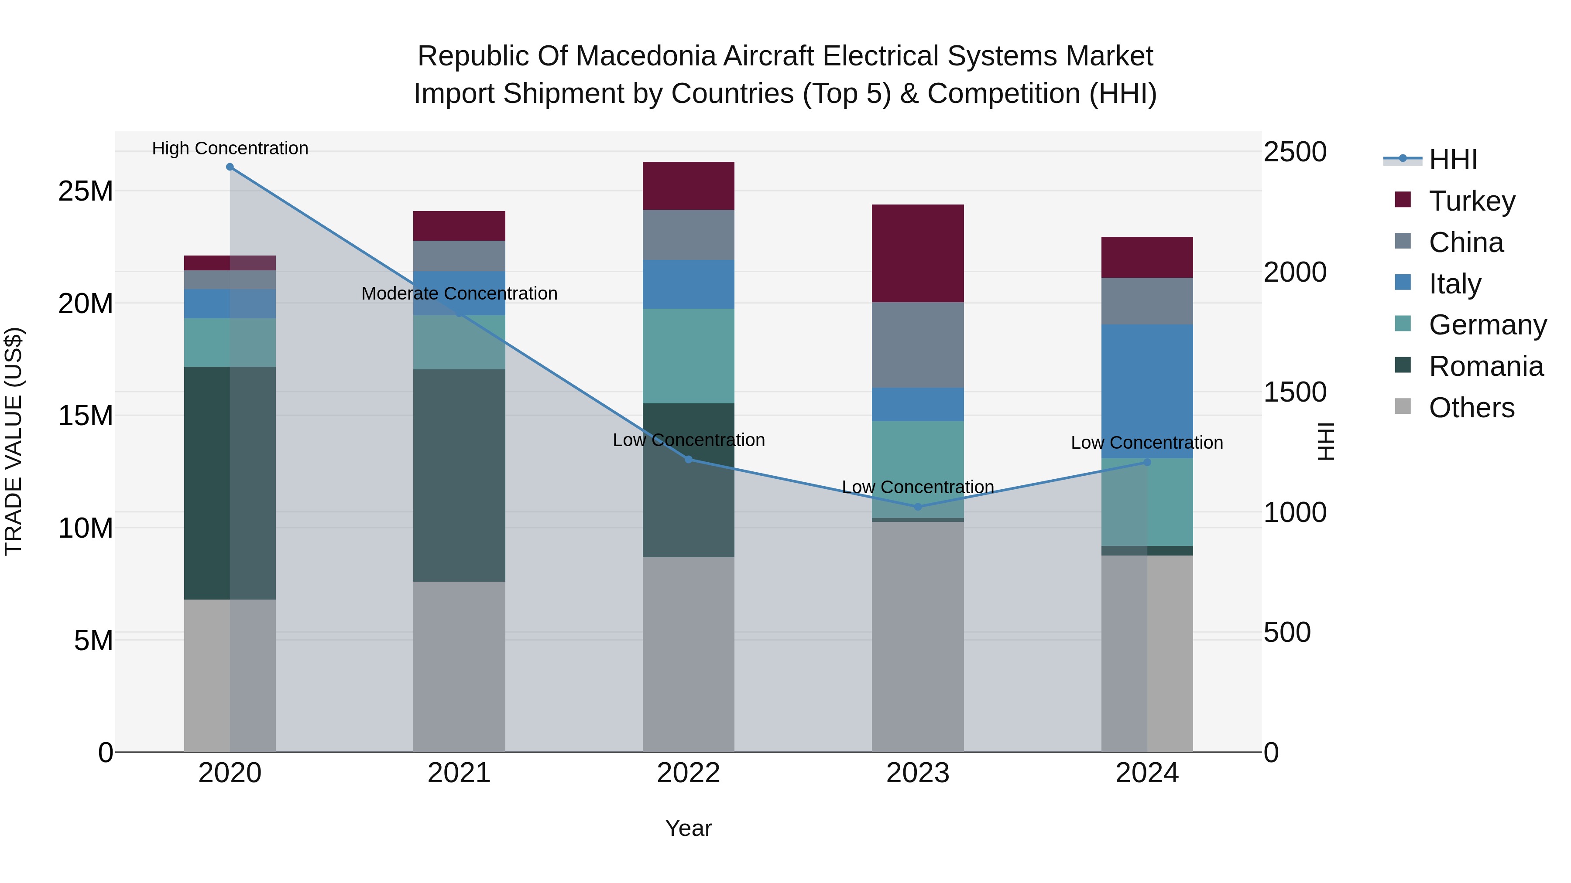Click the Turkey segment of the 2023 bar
(x=917, y=253)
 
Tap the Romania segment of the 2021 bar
(x=459, y=475)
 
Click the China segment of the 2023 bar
(x=917, y=345)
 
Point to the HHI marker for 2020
(x=230, y=167)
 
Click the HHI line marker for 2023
(x=917, y=506)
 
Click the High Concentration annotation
(x=230, y=149)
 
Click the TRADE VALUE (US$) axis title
(x=14, y=442)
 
